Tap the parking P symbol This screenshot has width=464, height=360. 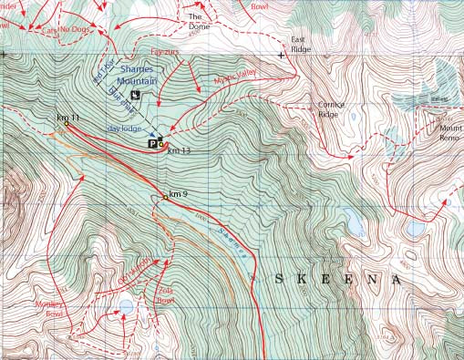[x=152, y=142]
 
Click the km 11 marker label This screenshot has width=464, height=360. [x=67, y=118]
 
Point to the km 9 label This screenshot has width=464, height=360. [x=178, y=194]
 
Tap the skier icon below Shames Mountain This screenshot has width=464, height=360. [x=135, y=94]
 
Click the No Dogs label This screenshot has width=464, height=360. [x=77, y=29]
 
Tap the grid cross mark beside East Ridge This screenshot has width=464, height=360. [x=282, y=55]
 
